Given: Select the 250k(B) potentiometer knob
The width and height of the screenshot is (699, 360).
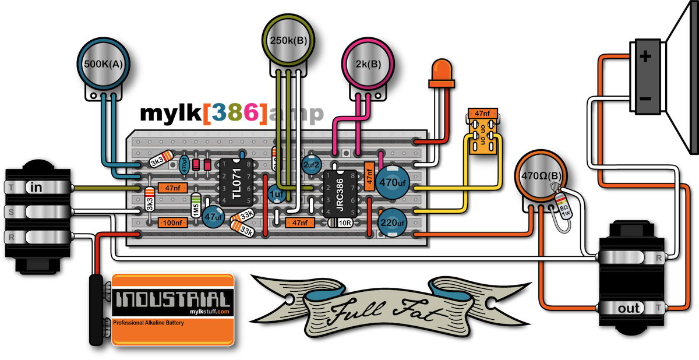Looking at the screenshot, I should coord(290,41).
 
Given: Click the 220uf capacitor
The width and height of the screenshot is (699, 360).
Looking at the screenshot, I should coord(393,223).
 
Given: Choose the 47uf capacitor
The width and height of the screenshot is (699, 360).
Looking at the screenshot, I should coord(214,217).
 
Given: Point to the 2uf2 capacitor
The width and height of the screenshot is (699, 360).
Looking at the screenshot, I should coord(311,165).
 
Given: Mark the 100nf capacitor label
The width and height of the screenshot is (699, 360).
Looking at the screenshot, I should coord(172,221).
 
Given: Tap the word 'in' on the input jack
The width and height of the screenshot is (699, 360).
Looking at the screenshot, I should coord(36,188).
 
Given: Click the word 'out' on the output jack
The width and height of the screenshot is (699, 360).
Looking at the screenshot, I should coord(629,308).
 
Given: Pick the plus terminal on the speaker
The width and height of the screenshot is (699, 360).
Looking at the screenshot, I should coord(645,57).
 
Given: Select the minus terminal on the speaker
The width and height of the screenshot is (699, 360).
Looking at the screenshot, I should coord(645,99).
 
